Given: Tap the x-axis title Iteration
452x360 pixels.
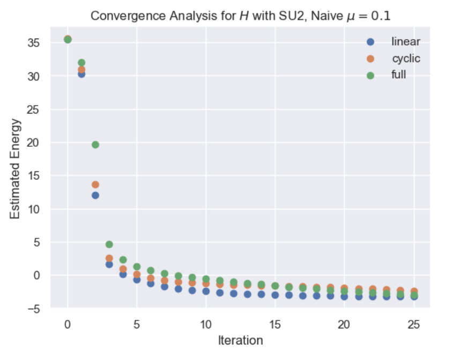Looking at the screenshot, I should click(x=240, y=340).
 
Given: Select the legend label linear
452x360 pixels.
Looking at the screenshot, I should click(x=406, y=42).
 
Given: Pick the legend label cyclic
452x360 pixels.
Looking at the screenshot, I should click(x=406, y=58).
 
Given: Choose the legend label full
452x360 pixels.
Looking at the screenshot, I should click(x=398, y=74).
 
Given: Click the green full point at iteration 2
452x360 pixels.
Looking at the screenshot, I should click(x=95, y=145).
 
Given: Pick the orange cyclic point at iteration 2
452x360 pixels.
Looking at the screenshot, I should click(x=95, y=185).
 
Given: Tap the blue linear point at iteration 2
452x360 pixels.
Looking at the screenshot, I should click(x=95, y=196).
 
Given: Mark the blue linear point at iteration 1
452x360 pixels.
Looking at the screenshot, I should click(x=81, y=74).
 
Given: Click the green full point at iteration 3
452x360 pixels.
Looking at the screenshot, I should click(x=109, y=244).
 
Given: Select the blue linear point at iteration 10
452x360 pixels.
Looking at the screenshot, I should click(x=206, y=291).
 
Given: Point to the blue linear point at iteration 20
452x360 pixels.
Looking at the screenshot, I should click(x=344, y=296).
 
